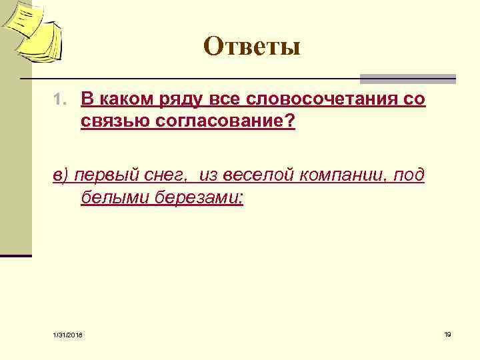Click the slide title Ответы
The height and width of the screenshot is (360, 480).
pos(253,47)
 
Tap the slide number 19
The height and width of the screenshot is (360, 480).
pos(447,334)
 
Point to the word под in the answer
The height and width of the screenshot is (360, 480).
pos(409,175)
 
